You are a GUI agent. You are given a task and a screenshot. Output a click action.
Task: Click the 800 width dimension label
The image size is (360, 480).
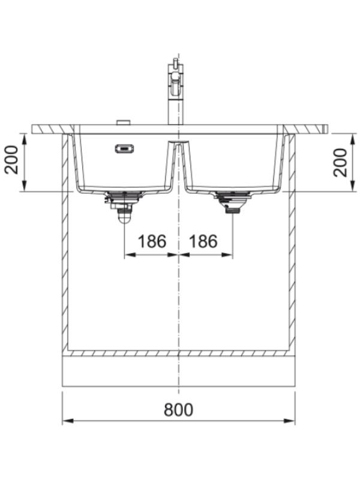(x=178, y=410)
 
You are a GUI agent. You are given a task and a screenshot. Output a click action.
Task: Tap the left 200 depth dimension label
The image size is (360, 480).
(x=11, y=160)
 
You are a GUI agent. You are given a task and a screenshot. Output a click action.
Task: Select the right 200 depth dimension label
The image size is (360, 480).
(x=340, y=162)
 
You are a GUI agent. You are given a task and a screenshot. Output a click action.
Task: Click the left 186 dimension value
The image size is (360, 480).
(x=152, y=241)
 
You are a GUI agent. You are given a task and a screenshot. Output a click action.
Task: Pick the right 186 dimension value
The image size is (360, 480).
(x=203, y=241)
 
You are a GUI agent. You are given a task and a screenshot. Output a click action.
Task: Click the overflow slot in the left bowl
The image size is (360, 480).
(x=124, y=149)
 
